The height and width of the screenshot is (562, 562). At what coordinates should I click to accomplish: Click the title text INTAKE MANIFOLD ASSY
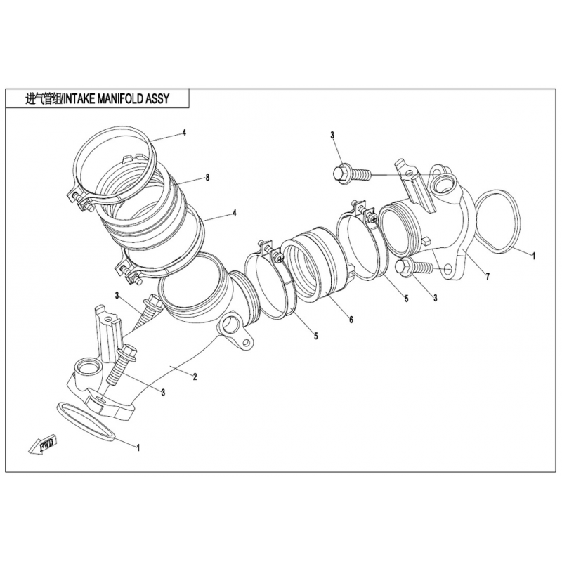pyautogui.click(x=117, y=98)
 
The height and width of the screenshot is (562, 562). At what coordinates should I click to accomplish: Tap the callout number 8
pyautogui.click(x=207, y=177)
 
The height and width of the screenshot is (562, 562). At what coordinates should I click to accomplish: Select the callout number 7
pyautogui.click(x=487, y=276)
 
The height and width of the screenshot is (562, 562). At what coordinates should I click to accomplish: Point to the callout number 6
pyautogui.click(x=351, y=319)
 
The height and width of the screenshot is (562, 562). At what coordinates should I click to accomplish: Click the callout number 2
pyautogui.click(x=195, y=377)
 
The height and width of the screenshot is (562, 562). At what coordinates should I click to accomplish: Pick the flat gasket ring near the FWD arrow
pyautogui.click(x=86, y=421)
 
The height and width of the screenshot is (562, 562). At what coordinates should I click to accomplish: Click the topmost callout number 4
pyautogui.click(x=184, y=133)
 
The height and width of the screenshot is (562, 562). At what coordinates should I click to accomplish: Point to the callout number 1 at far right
pyautogui.click(x=533, y=256)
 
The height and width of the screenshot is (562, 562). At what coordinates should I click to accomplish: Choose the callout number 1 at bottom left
pyautogui.click(x=138, y=447)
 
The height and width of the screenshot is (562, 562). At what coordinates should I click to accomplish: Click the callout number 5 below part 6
pyautogui.click(x=315, y=336)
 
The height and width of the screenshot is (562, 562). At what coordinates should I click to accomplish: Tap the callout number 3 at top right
pyautogui.click(x=332, y=135)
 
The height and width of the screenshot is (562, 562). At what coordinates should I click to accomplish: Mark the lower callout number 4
pyautogui.click(x=235, y=213)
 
